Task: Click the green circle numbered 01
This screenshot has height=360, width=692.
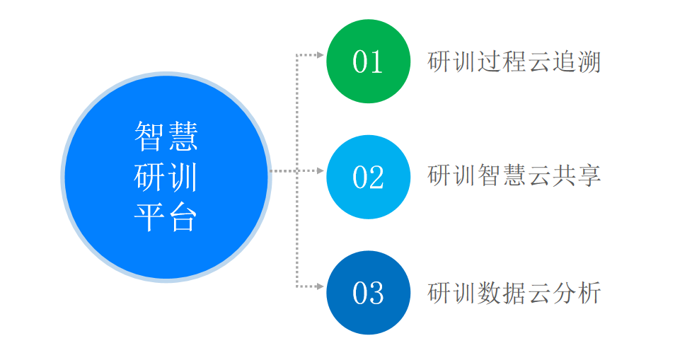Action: (368, 62)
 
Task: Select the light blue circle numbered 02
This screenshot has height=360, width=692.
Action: (368, 177)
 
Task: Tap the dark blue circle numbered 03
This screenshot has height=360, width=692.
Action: (368, 293)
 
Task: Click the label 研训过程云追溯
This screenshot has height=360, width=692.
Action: (514, 62)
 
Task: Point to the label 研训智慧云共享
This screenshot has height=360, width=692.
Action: (514, 175)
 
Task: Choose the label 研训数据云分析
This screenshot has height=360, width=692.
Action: (514, 293)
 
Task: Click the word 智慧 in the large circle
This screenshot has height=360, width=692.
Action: (166, 137)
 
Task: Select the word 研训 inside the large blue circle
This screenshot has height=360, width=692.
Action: (166, 177)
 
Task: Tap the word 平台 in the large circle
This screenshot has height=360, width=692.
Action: (166, 218)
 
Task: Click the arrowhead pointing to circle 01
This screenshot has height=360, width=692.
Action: (321, 55)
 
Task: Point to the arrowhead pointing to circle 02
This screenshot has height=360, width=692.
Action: (321, 170)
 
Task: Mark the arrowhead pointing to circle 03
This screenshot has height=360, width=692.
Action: (321, 286)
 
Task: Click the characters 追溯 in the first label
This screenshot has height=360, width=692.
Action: (577, 62)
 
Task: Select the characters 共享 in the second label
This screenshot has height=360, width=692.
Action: (577, 175)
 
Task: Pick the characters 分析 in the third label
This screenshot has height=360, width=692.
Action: (577, 293)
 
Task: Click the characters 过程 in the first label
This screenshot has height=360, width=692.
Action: (502, 62)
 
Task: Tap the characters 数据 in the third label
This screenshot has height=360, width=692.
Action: (502, 293)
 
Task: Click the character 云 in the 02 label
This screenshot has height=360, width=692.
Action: (539, 175)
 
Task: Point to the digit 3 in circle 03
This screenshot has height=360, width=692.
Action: (376, 293)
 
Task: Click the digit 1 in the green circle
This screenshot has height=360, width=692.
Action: (376, 62)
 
